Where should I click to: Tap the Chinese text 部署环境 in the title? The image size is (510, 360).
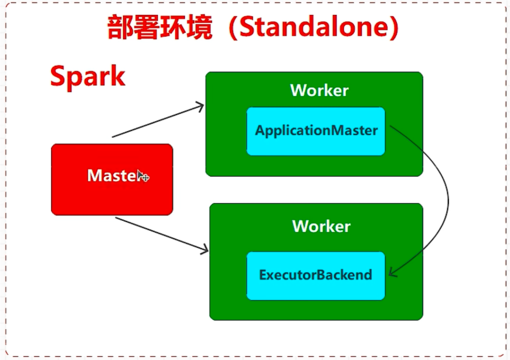pyautogui.click(x=159, y=28)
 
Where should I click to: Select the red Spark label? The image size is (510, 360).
pyautogui.click(x=87, y=77)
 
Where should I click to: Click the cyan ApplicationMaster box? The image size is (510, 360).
pyautogui.click(x=316, y=131)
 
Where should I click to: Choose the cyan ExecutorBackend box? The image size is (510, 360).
pyautogui.click(x=316, y=275)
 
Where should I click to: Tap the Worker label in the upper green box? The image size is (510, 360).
pyautogui.click(x=319, y=90)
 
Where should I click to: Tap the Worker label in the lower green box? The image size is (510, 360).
pyautogui.click(x=321, y=226)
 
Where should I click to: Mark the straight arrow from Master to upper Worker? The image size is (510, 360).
pyautogui.click(x=156, y=122)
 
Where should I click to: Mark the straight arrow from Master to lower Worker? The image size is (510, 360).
pyautogui.click(x=161, y=234)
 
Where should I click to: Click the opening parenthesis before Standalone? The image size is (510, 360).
pyautogui.click(x=231, y=28)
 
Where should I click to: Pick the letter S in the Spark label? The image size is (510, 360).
pyautogui.click(x=58, y=77)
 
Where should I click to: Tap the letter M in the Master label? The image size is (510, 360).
pyautogui.click(x=94, y=176)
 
